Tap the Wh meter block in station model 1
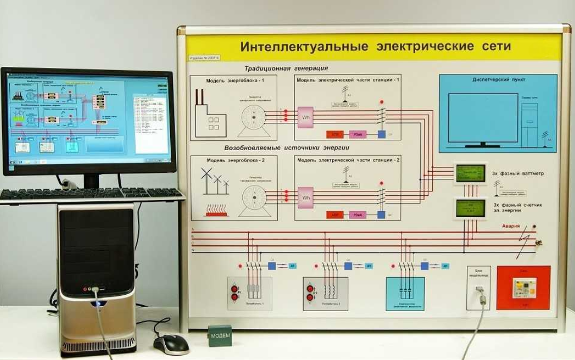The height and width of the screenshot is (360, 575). (305, 117)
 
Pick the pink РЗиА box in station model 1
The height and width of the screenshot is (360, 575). (358, 134)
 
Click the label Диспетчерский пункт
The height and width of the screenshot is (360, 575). (498, 79)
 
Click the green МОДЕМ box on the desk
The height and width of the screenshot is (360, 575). (220, 336)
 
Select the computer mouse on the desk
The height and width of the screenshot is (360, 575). (171, 344)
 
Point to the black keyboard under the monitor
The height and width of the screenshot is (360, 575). (90, 193)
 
